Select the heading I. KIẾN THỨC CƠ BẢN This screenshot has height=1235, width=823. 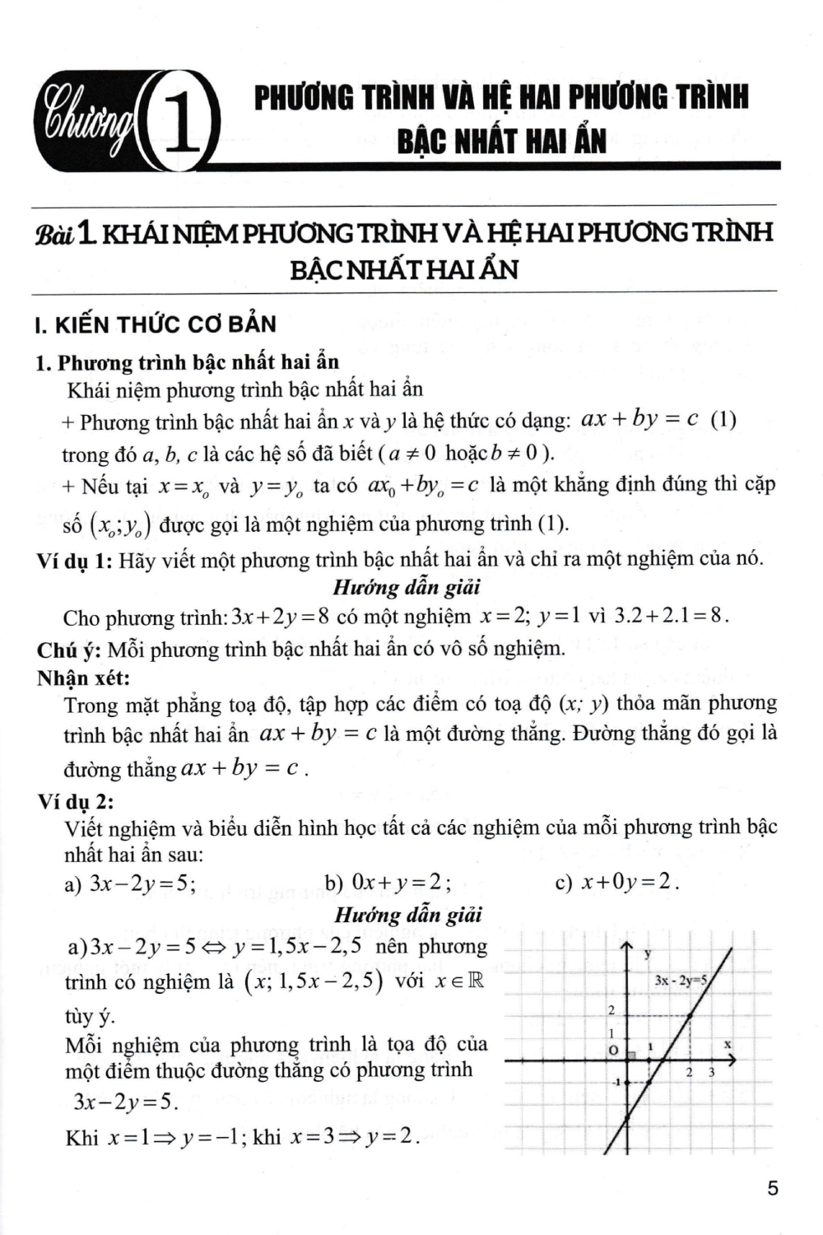(156, 324)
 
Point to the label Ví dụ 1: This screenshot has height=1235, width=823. (74, 561)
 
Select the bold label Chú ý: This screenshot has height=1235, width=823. (69, 650)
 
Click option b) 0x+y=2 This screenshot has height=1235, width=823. (388, 883)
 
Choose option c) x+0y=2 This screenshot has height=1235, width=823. (617, 883)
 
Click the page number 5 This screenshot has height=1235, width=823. (772, 1188)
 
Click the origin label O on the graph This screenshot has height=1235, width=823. (612, 1051)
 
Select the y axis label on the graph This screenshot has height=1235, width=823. (647, 953)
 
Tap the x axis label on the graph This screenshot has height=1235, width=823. (728, 1044)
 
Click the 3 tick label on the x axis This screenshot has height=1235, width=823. (711, 1072)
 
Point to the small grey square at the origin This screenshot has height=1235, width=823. (632, 1055)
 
